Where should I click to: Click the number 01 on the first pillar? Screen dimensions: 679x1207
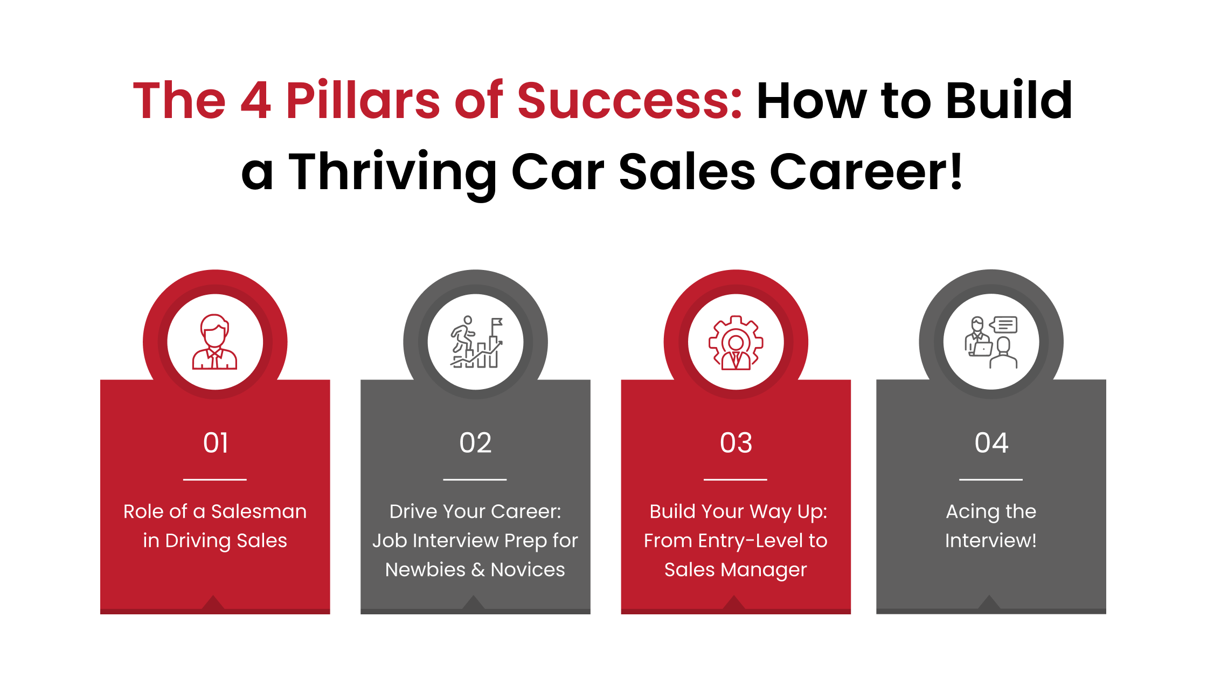click(216, 443)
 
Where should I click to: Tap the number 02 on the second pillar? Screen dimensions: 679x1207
click(475, 443)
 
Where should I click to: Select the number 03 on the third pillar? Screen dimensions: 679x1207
click(736, 443)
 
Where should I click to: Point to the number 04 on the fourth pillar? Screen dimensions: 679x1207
click(991, 443)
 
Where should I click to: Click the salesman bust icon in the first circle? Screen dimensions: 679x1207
click(214, 342)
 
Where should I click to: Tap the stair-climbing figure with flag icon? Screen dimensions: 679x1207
click(476, 342)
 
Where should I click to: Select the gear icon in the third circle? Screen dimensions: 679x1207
click(736, 343)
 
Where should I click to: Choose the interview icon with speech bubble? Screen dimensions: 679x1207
click(991, 342)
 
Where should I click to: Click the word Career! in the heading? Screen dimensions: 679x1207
click(866, 172)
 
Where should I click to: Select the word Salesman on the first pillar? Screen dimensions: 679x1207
click(259, 511)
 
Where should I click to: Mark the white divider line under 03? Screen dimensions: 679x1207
click(736, 479)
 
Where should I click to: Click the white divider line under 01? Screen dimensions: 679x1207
click(215, 479)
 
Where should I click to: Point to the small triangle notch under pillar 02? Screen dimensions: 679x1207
click(474, 603)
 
